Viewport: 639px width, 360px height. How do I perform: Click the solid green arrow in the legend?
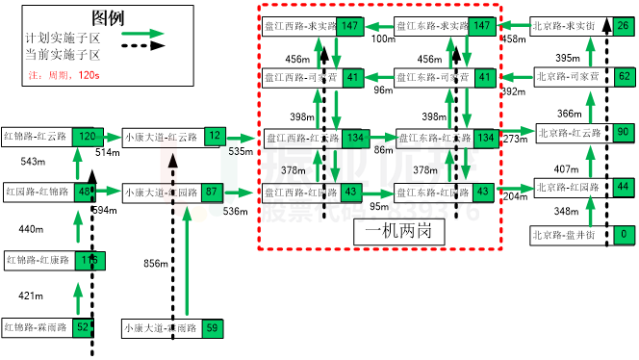[142, 33]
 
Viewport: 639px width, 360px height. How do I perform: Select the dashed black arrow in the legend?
[142, 45]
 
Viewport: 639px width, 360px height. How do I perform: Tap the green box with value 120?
[88, 137]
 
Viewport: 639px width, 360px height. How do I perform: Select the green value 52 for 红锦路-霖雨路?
[83, 327]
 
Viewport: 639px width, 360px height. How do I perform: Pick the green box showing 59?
[213, 328]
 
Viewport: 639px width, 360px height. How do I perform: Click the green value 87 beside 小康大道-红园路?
[213, 192]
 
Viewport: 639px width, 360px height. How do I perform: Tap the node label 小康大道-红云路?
[161, 137]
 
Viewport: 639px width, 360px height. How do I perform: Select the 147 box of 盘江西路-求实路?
[350, 26]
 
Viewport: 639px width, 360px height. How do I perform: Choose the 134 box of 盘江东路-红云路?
[485, 138]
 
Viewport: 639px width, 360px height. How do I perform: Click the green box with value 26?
[624, 26]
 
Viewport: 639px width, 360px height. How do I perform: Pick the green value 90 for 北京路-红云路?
[624, 132]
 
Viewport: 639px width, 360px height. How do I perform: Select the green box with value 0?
[624, 234]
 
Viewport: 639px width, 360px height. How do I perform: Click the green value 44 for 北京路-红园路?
[624, 186]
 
